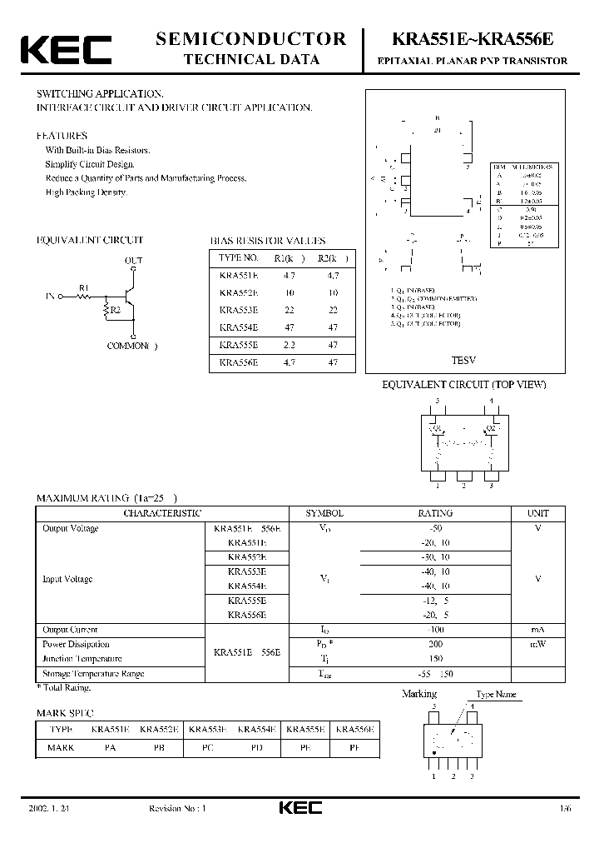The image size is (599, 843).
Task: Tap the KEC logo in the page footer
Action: (299, 808)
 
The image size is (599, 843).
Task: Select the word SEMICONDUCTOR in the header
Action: (250, 38)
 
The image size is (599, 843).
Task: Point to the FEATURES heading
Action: (62, 135)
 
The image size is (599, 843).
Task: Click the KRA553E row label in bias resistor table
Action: (238, 310)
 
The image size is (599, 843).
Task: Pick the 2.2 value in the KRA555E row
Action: (288, 345)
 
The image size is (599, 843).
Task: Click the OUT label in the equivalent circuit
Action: (133, 261)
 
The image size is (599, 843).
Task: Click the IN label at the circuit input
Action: (51, 296)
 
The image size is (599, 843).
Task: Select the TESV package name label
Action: (463, 361)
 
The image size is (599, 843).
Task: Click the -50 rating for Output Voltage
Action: (435, 528)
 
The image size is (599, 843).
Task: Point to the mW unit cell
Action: (538, 644)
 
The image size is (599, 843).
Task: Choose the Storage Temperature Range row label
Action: (93, 674)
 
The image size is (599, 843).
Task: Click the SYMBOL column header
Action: (324, 513)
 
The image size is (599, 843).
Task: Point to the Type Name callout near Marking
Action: (496, 694)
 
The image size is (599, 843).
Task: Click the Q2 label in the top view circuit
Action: (493, 428)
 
